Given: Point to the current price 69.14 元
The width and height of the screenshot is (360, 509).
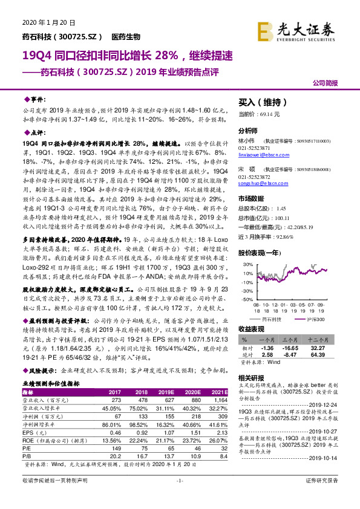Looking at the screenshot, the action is coord(259,114).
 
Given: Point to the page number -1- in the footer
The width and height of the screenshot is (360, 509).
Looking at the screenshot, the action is coord(180,497).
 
